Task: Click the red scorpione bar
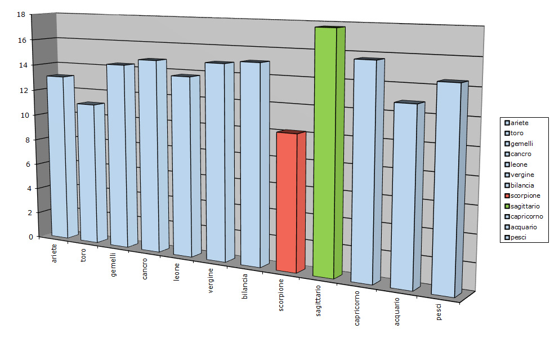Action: pos(287,203)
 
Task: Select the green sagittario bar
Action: pos(325,152)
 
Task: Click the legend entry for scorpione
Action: pos(526,195)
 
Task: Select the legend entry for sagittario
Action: pos(526,206)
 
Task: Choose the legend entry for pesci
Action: pos(520,238)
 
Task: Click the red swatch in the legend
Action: pos(507,195)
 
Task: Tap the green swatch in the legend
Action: pos(507,206)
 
